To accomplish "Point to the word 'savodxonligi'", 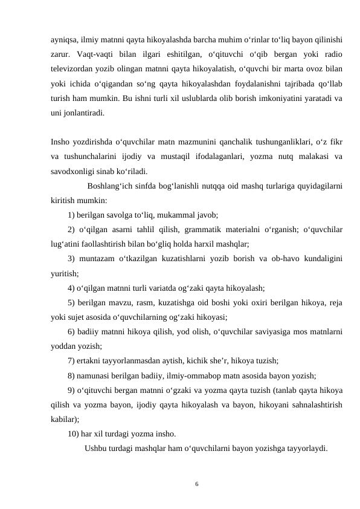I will click(x=74, y=170).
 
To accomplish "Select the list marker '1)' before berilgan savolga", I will click(x=72, y=214).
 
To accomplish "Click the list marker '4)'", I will click(x=72, y=287).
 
